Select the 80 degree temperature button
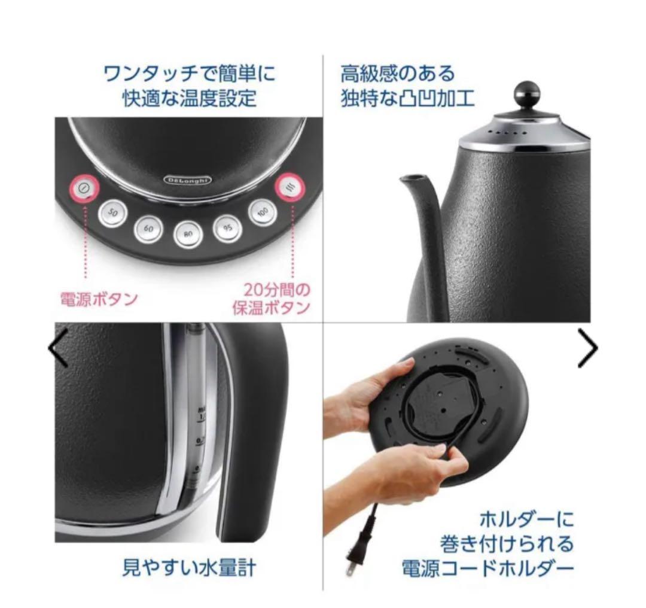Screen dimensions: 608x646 click(188, 233)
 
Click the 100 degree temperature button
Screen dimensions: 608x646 click(263, 212)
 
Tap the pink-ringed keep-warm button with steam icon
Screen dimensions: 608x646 click(290, 188)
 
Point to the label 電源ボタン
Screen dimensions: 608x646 click(99, 299)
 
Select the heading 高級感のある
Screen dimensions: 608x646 click(398, 75)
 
